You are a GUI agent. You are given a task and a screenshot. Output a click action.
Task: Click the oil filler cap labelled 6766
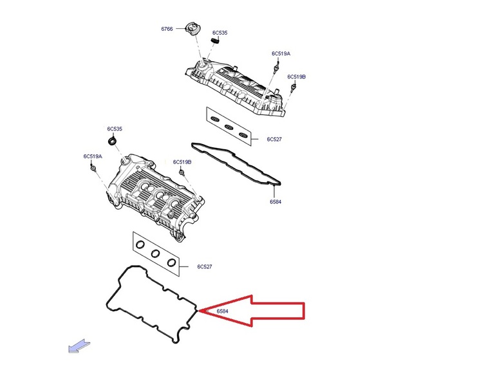tap(192, 27)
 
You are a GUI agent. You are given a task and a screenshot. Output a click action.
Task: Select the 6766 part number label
tap(167, 29)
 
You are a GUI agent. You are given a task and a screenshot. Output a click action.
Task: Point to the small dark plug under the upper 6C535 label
tap(216, 42)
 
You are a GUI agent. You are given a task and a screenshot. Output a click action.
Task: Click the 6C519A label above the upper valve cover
tap(281, 53)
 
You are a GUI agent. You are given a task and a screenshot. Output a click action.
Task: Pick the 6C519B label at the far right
tap(297, 77)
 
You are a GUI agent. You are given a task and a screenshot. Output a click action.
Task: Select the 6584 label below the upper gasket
tap(276, 201)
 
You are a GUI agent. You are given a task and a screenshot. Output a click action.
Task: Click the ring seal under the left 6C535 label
tap(113, 140)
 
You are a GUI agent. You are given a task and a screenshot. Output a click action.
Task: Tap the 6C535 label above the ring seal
tap(115, 129)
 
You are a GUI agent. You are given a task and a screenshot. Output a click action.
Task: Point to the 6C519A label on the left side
tap(92, 156)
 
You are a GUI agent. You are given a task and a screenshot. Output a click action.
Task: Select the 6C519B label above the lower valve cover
tap(182, 162)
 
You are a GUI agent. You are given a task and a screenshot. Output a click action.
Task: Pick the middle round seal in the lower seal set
tap(155, 253)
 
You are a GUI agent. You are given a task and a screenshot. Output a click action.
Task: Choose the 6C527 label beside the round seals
tap(204, 266)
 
